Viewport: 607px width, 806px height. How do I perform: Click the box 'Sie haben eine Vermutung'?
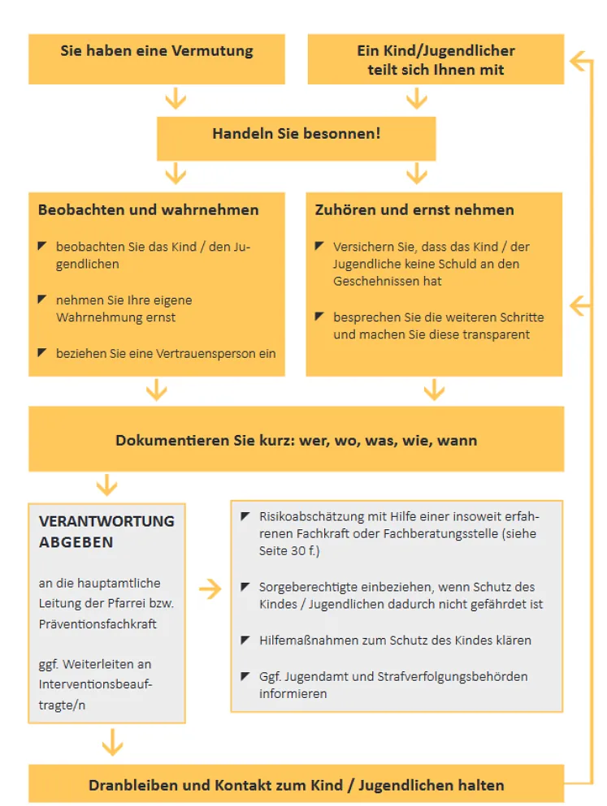[157, 51]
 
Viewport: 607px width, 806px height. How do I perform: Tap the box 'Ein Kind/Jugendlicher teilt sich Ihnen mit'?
[436, 60]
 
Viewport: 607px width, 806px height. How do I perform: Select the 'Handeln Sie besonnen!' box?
[297, 134]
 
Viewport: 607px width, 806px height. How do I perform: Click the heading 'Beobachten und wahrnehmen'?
[149, 210]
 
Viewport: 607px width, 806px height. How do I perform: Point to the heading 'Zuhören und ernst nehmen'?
[414, 210]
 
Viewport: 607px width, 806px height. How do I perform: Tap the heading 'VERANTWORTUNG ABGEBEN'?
[106, 531]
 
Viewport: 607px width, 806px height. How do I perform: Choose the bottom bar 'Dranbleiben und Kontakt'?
[297, 785]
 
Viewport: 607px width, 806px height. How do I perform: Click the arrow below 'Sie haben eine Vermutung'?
[176, 100]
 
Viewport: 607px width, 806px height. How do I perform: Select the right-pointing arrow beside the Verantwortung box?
[210, 589]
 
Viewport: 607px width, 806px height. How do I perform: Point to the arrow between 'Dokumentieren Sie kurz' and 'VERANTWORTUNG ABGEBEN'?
[106, 486]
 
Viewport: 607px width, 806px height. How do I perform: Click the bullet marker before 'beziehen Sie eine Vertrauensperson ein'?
[42, 353]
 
